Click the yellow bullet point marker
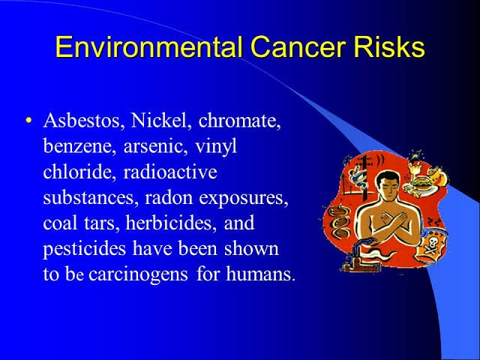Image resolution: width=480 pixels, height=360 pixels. tap(28, 120)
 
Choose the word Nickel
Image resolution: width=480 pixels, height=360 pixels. tap(158, 120)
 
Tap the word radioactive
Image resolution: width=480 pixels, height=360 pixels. tap(170, 172)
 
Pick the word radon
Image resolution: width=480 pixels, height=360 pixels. tap(169, 197)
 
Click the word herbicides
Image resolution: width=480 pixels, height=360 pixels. tap(169, 223)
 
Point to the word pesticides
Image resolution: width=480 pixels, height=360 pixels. tap(85, 250)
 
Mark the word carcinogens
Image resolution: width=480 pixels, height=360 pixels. tap(138, 274)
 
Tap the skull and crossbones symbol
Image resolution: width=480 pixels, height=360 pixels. tap(432, 245)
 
